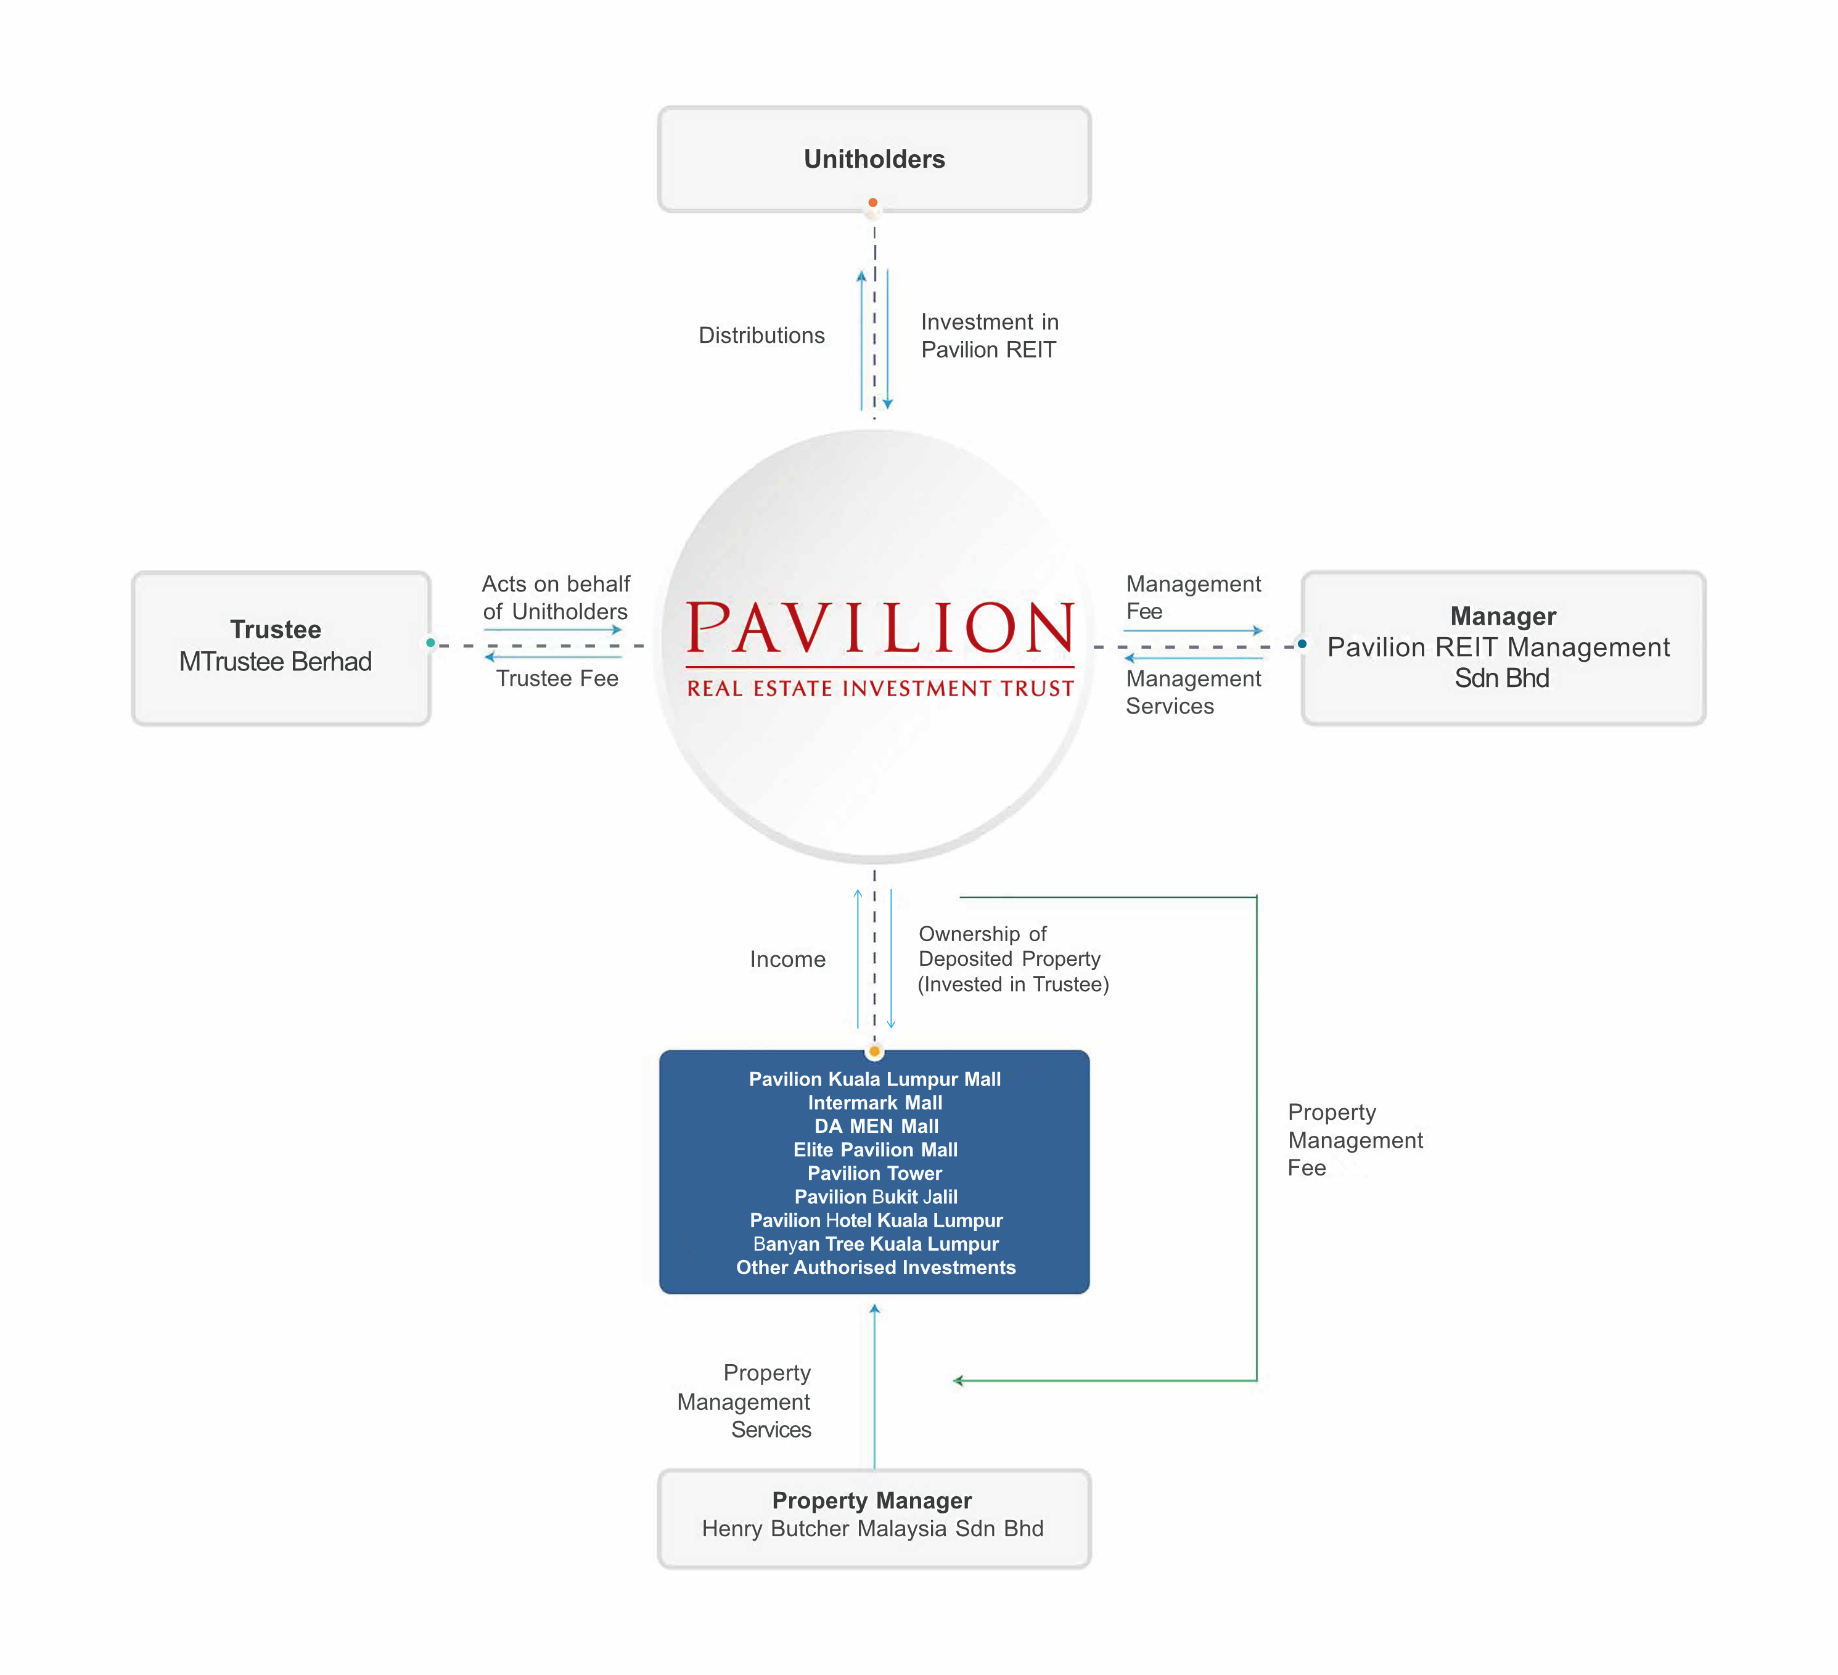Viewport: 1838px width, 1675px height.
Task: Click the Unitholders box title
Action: tap(874, 160)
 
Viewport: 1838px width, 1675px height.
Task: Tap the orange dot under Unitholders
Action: tap(872, 202)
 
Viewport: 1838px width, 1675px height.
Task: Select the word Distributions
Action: tap(761, 335)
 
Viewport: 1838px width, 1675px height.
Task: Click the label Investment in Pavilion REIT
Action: tap(989, 335)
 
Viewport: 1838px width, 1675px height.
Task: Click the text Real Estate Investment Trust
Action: tap(880, 688)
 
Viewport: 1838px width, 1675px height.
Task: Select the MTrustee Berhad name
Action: tap(276, 662)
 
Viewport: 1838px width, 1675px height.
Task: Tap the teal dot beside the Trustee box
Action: tap(430, 643)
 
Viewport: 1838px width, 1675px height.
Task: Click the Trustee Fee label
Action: tap(557, 678)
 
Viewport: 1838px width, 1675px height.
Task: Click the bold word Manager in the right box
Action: tap(1503, 616)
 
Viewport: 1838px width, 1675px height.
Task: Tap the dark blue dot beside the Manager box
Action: tap(1302, 644)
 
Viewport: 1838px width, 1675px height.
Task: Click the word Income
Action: tap(788, 959)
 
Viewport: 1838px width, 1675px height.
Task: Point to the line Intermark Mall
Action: tap(874, 1103)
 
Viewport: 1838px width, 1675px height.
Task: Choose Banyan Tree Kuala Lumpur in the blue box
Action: tap(876, 1244)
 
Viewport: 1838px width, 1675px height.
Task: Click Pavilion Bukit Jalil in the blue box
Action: tap(876, 1196)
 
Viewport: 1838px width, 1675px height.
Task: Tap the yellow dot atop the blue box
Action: tap(874, 1052)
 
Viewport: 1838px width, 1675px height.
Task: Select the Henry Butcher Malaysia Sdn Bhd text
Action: tap(872, 1528)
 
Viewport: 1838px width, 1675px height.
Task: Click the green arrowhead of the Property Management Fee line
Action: tap(958, 1380)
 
